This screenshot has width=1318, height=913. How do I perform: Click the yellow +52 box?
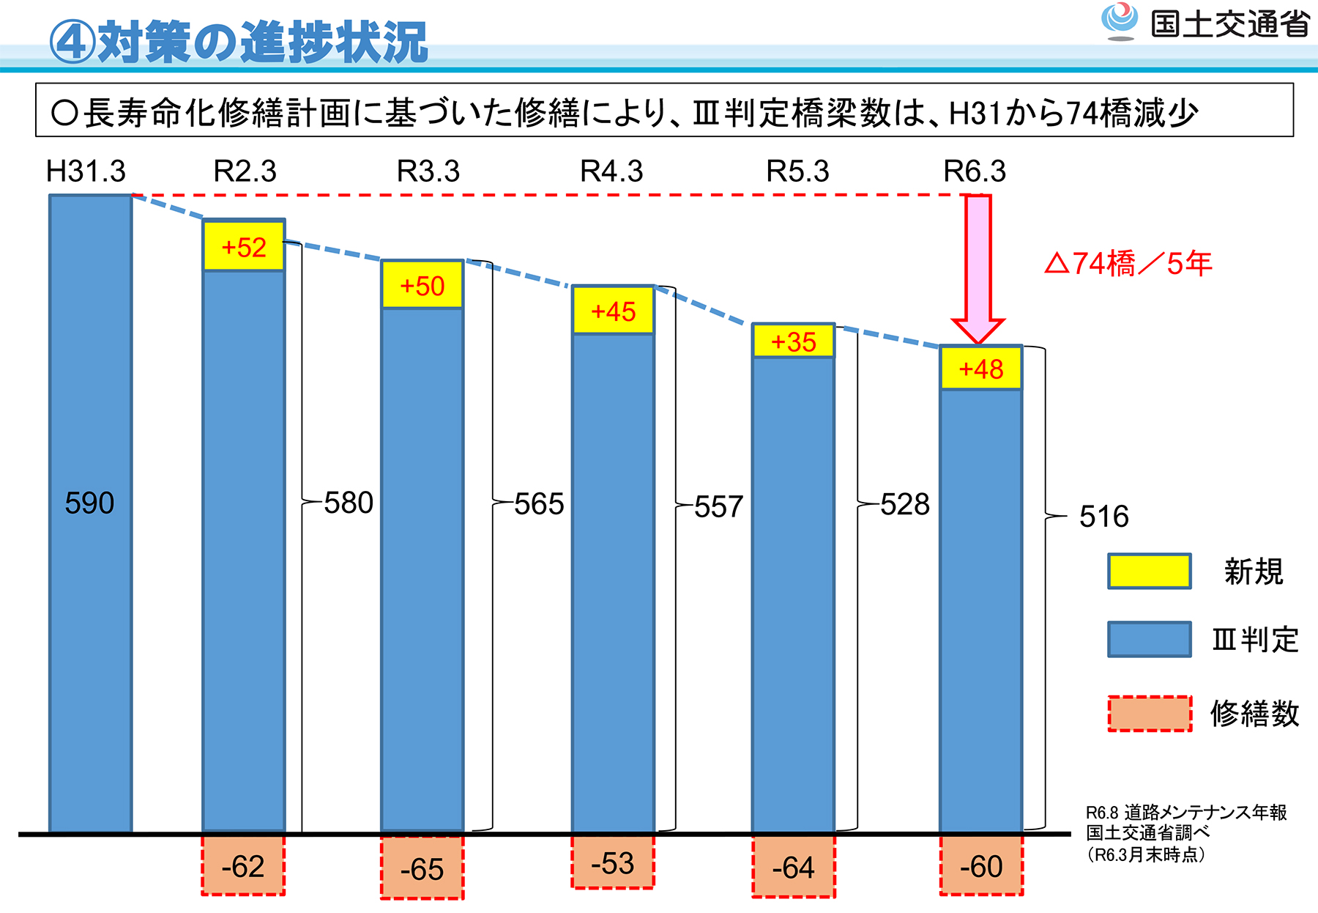244,246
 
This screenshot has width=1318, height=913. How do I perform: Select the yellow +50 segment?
422,285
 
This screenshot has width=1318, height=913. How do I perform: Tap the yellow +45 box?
614,311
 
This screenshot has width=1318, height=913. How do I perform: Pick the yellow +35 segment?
794,341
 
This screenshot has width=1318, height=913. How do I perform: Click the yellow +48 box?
981,369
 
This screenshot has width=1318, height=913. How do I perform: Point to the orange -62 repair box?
243,866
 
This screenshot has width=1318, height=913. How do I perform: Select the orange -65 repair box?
422,869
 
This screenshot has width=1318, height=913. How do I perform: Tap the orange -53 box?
613,863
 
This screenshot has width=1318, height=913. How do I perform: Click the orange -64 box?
794,868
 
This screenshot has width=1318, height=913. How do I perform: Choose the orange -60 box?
982,866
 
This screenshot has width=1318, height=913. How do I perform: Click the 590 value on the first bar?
89,503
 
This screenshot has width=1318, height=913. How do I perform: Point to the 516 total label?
1104,517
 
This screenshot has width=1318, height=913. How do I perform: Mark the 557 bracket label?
719,506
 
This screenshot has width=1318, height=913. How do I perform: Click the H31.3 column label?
86,171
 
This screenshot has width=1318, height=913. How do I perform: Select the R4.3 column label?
611,171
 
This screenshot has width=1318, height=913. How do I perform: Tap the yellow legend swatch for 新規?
1149,572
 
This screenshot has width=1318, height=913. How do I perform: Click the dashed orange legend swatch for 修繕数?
1150,714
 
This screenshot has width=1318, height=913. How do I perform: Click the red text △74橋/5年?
1128,263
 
